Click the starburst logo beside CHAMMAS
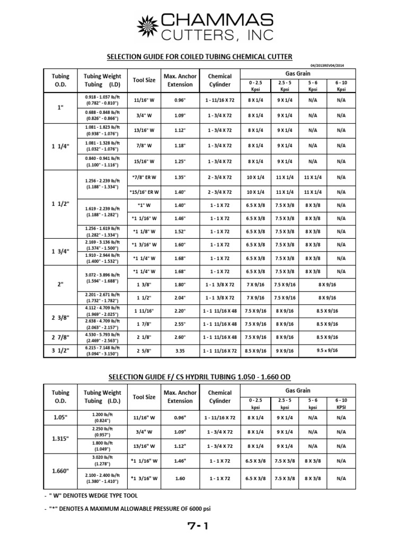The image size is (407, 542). [x=149, y=26]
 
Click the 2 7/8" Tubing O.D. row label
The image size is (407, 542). [x=59, y=337]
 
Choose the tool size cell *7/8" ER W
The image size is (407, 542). [x=144, y=178]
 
